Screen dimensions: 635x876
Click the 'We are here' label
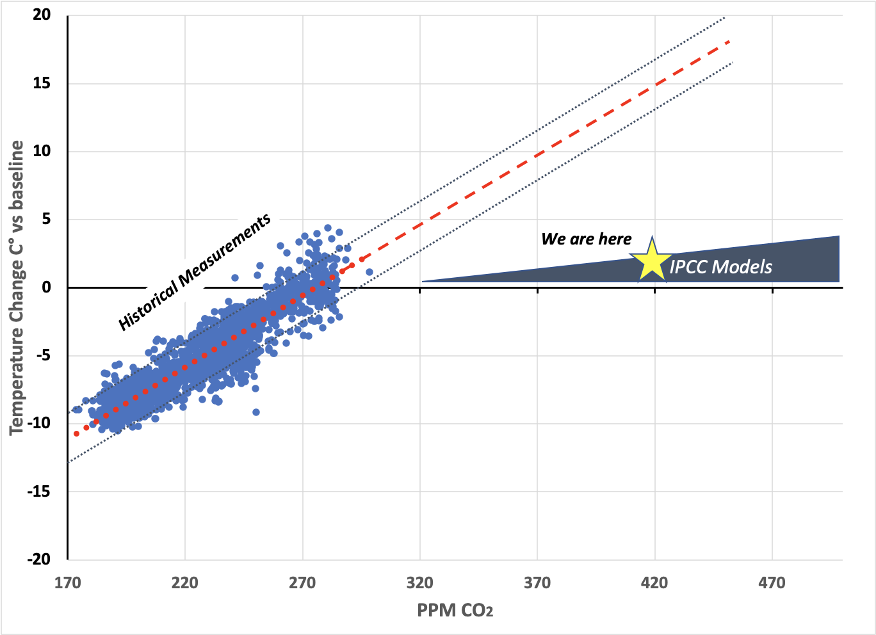pos(586,239)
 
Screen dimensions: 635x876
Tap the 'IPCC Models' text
pos(721,267)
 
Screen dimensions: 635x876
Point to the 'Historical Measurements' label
pos(195,272)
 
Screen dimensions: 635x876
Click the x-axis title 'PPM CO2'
pos(455,610)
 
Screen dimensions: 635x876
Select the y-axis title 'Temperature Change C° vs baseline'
pos(17,287)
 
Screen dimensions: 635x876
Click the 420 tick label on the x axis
pos(654,583)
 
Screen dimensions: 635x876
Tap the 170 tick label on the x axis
pos(67,583)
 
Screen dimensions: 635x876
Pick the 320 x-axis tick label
pos(419,583)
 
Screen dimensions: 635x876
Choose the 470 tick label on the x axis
pos(772,583)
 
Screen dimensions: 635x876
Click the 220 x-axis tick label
pos(184,583)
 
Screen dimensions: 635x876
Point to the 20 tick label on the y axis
pos(42,15)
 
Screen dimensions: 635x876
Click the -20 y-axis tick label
pos(39,559)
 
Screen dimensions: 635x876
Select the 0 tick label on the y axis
pos(46,287)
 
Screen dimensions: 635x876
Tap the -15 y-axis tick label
pos(39,492)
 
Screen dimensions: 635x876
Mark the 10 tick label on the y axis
pos(42,151)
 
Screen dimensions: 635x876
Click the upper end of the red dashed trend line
pos(729,41)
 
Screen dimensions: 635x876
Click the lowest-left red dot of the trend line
pos(76,434)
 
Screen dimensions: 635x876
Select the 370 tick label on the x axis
pos(537,583)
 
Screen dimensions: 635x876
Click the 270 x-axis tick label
pos(302,583)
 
